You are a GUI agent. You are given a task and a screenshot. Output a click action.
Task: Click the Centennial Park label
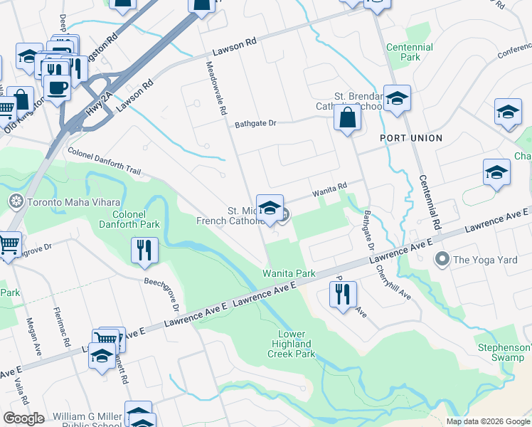[x=409, y=52]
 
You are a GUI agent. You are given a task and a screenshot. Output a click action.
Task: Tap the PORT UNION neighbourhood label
[x=411, y=138]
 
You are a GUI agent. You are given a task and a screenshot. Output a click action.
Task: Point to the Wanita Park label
[x=289, y=273]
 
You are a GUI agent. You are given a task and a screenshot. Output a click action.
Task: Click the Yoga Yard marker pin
[x=442, y=259]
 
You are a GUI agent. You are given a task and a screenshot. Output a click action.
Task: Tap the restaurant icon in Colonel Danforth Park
[x=144, y=250]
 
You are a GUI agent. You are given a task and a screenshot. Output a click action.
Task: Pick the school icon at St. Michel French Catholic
[x=270, y=208]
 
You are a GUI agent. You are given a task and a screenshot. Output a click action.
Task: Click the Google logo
[x=24, y=418]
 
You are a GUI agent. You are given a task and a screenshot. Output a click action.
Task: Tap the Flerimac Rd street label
[x=62, y=327]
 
